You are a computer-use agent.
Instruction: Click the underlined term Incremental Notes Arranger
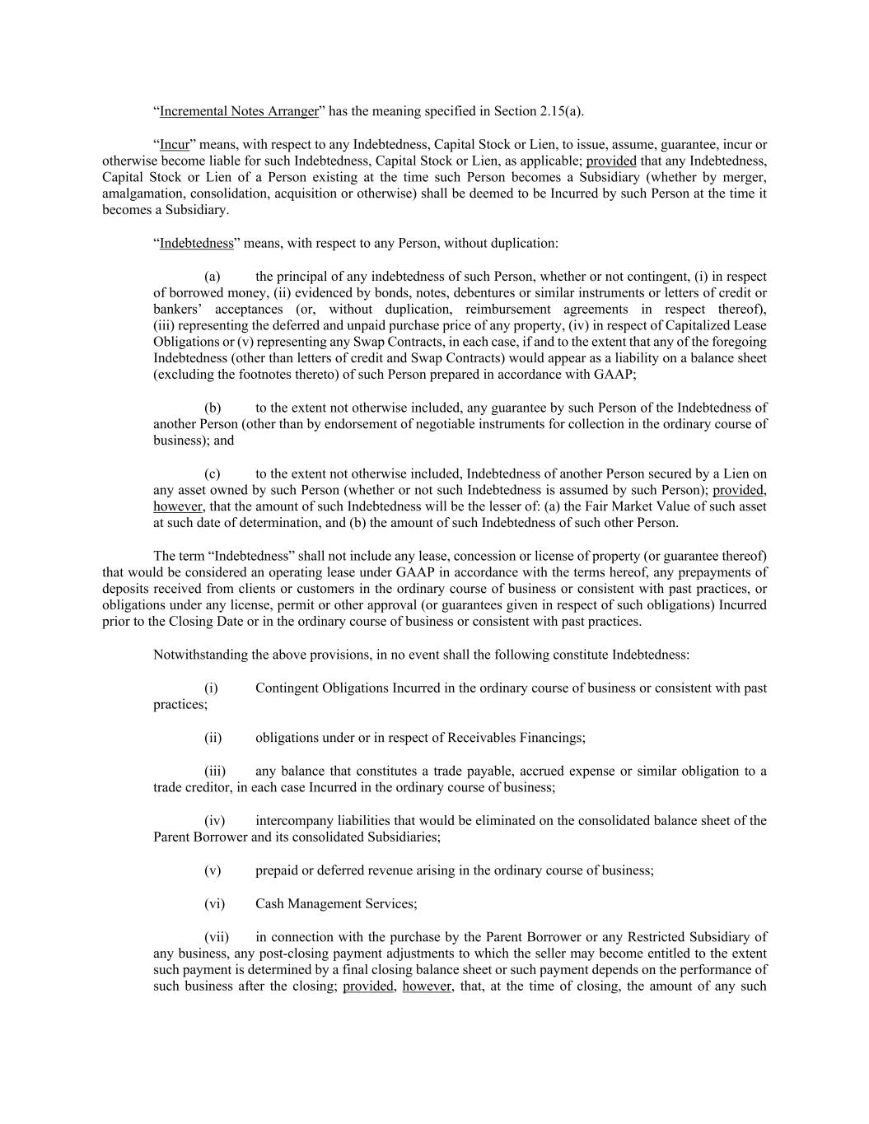tap(239, 111)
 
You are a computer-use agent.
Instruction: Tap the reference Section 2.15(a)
tap(540, 111)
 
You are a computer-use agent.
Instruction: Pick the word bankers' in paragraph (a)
tap(177, 310)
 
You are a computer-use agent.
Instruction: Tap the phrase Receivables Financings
tap(518, 738)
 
